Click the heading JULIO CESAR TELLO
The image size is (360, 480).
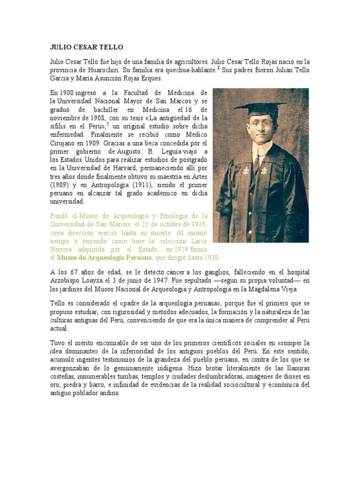(x=86, y=47)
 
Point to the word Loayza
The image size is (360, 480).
(x=92, y=281)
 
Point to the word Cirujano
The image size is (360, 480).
(x=64, y=143)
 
